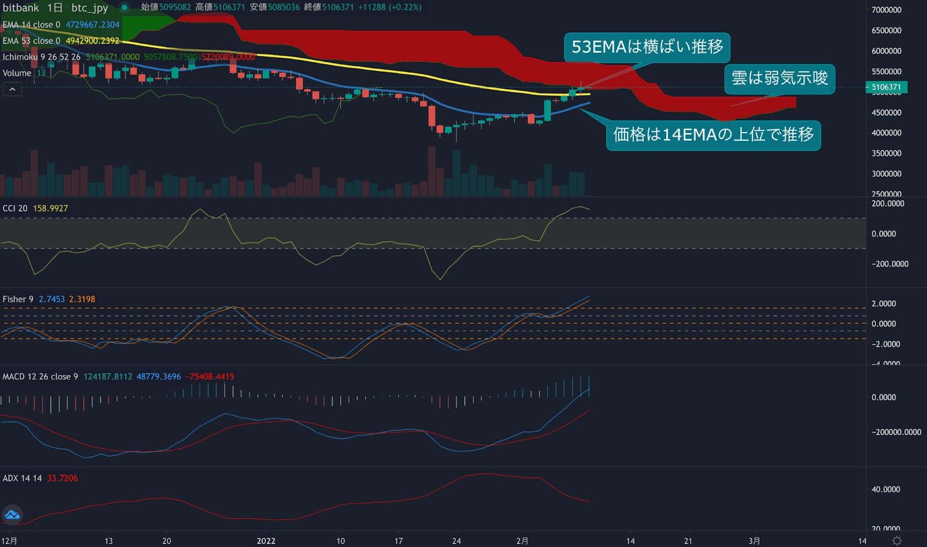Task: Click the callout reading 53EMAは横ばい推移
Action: [x=647, y=47]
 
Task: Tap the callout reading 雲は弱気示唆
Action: [x=779, y=78]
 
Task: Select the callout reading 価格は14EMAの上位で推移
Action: [x=713, y=135]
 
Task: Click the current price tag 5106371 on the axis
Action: [x=886, y=87]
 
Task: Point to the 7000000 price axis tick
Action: [x=886, y=10]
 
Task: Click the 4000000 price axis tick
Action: [x=886, y=133]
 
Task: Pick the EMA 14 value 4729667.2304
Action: [x=93, y=25]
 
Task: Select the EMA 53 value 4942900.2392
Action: [x=93, y=41]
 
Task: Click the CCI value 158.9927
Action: [x=50, y=209]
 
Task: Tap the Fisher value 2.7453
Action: [x=52, y=300]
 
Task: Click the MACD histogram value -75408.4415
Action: [x=210, y=377]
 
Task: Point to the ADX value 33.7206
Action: [x=62, y=479]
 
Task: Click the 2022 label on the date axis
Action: [x=266, y=541]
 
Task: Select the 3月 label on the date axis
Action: [x=754, y=541]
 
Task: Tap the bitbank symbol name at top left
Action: [x=21, y=8]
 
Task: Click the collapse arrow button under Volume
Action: [x=12, y=89]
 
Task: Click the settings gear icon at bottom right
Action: [x=897, y=541]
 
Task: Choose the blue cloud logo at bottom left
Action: [x=12, y=515]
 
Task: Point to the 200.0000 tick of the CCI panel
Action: [x=888, y=204]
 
